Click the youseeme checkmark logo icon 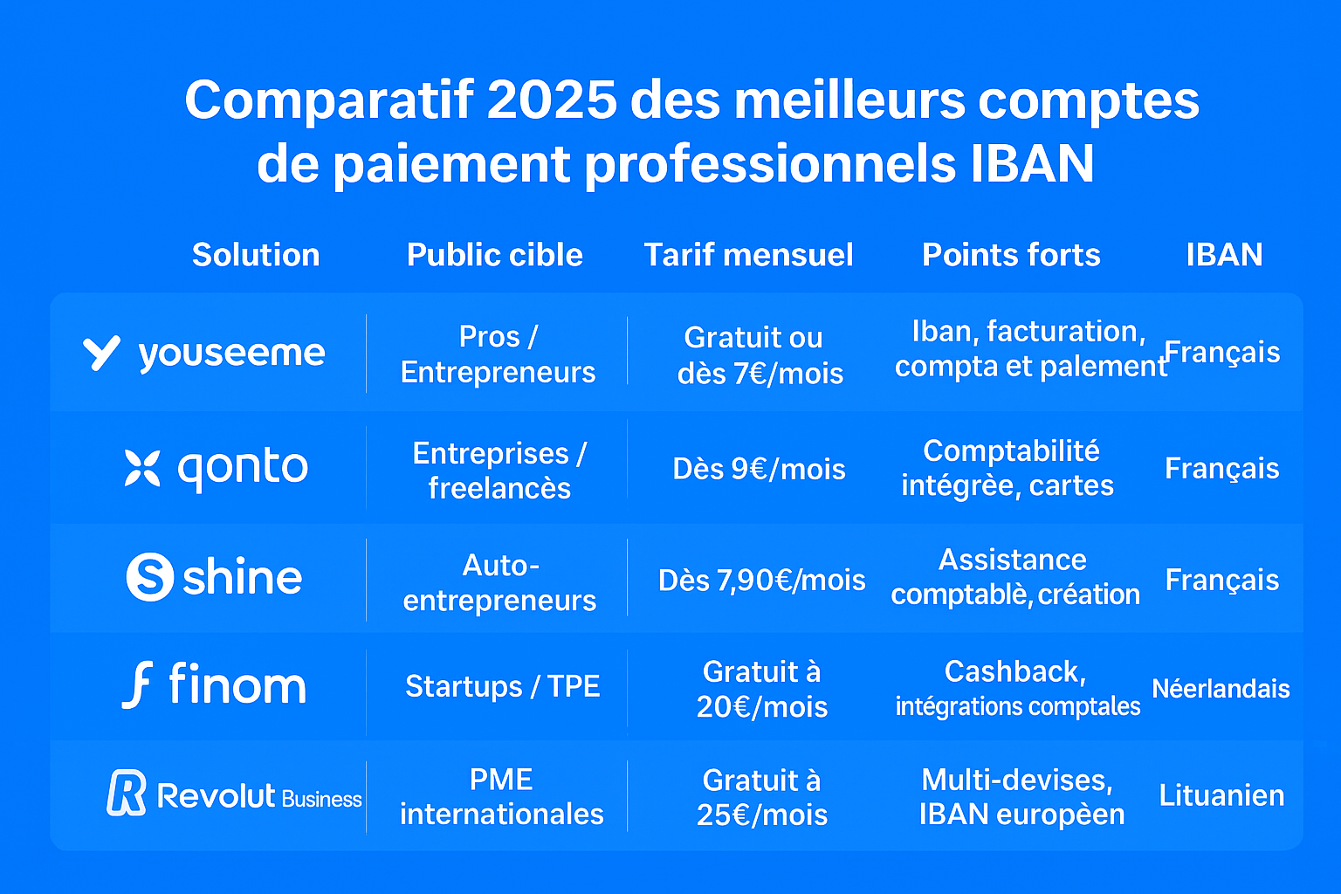[x=101, y=353]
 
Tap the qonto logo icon [x=142, y=468]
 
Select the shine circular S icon [x=150, y=577]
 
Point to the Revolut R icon [x=127, y=793]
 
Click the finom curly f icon [x=138, y=684]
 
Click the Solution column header [x=256, y=255]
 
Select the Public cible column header [x=494, y=255]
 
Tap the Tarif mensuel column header [x=748, y=255]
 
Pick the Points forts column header [x=1011, y=255]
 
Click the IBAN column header [x=1224, y=255]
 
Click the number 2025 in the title [x=552, y=100]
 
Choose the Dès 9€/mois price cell [x=759, y=469]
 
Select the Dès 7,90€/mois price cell [x=761, y=580]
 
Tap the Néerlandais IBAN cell [x=1221, y=689]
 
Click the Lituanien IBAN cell [x=1221, y=795]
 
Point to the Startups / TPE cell [x=502, y=686]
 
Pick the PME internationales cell [x=501, y=796]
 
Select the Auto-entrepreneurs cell [x=499, y=582]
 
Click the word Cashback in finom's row [x=1014, y=671]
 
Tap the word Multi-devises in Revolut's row [x=1017, y=780]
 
